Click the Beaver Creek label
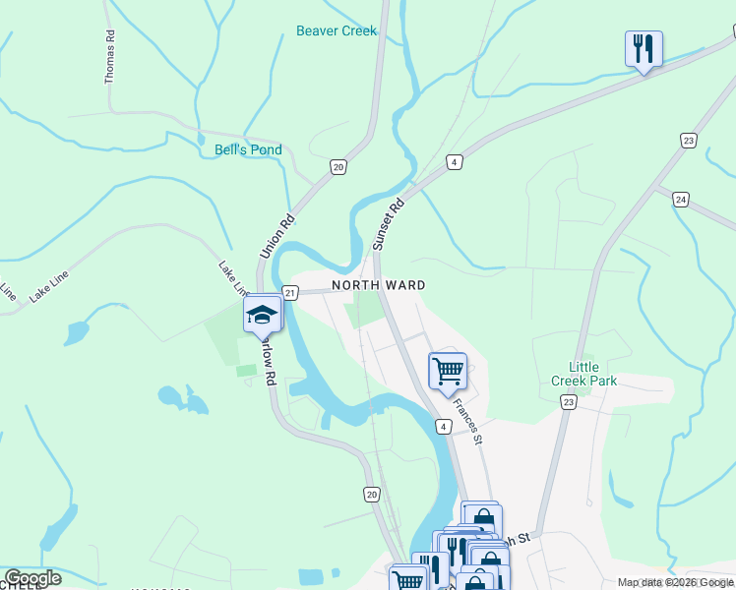pyautogui.click(x=337, y=30)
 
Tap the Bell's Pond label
pyautogui.click(x=248, y=150)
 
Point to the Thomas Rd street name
pyautogui.click(x=110, y=55)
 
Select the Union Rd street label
pyautogui.click(x=276, y=237)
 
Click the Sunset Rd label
pyautogui.click(x=389, y=224)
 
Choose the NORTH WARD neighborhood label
pyautogui.click(x=378, y=285)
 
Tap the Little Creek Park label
pyautogui.click(x=583, y=374)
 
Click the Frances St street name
pyautogui.click(x=466, y=419)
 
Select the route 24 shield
pyautogui.click(x=681, y=200)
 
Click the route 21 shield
pyautogui.click(x=289, y=292)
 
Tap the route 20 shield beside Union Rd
pyautogui.click(x=338, y=167)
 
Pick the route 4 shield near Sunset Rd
pyautogui.click(x=454, y=162)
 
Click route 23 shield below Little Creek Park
pyautogui.click(x=568, y=401)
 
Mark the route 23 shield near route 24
pyautogui.click(x=688, y=142)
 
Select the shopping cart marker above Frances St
pyautogui.click(x=448, y=371)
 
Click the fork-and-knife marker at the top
pyautogui.click(x=643, y=47)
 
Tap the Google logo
pyautogui.click(x=32, y=578)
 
